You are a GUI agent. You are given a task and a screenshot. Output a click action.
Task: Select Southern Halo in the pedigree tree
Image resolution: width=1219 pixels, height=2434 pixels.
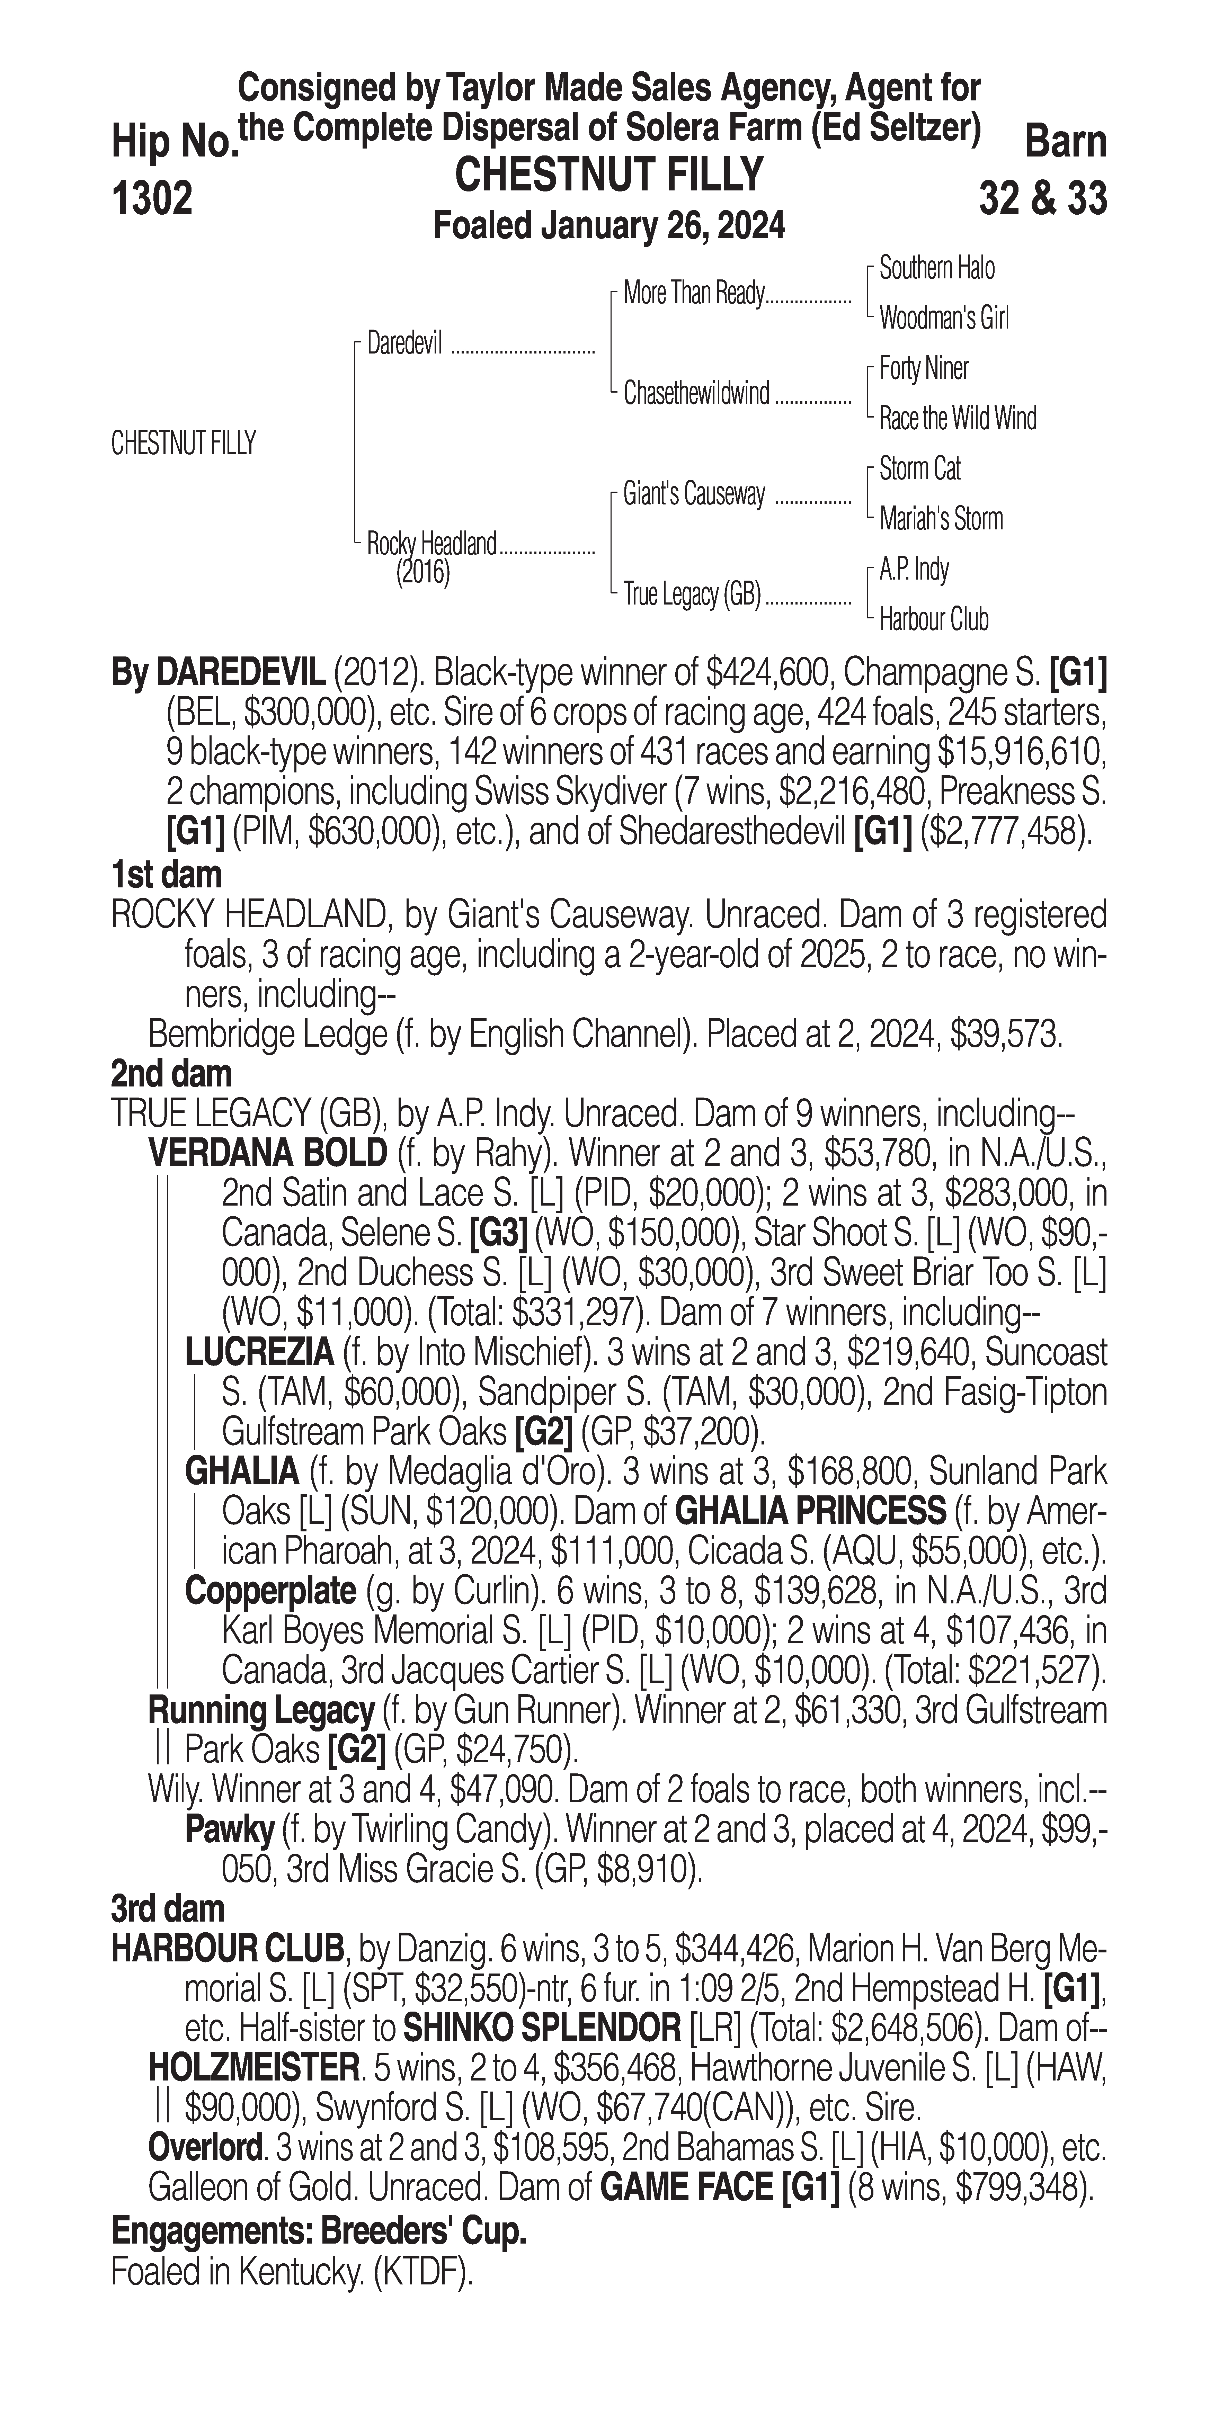[936, 268]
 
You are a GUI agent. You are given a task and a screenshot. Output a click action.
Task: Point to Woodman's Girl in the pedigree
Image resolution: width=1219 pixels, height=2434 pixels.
[943, 319]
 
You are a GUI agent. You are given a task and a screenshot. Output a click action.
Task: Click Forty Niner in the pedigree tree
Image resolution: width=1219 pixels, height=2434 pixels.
[923, 368]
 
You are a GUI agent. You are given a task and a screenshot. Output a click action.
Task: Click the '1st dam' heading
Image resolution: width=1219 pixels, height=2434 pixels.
[166, 874]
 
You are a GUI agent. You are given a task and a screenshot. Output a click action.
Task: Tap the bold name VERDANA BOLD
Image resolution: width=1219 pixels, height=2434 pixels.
[267, 1153]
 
